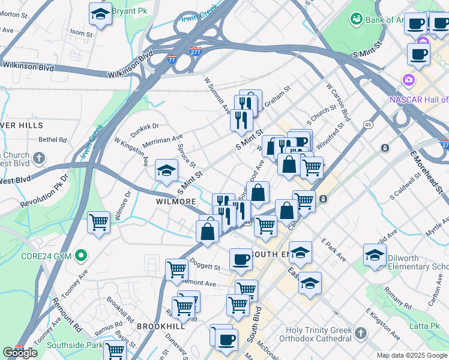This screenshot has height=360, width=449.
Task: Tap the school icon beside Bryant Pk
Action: pos(100,13)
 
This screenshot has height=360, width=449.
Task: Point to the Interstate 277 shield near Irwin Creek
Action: pos(195,52)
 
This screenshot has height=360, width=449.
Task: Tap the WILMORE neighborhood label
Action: pos(176,202)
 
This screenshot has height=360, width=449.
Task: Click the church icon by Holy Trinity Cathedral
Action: pos(360,332)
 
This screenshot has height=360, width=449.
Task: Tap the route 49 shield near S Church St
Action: pos(367,124)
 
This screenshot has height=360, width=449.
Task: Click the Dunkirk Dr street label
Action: pos(145,127)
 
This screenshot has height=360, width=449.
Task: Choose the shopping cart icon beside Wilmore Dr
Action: pos(98,222)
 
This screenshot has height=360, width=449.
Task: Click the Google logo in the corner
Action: pos(20,353)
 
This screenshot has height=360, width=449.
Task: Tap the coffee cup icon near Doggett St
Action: pos(241,259)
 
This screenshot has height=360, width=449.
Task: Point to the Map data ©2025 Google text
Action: pos(412,355)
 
